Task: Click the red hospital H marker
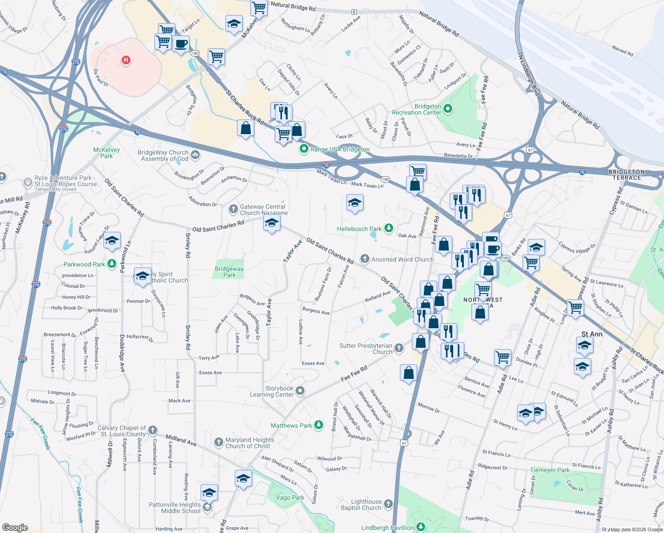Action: [126, 60]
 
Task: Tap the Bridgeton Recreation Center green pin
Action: [448, 108]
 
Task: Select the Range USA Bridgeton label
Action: [340, 149]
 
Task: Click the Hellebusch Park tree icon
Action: [389, 228]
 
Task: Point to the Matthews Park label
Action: [291, 426]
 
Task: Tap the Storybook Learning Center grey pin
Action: [300, 391]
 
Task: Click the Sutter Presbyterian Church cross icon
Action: [399, 348]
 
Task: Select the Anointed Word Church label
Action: [402, 259]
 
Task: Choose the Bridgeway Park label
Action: [229, 272]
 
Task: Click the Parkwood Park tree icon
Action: [112, 264]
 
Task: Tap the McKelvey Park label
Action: [107, 153]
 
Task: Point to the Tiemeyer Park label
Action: [549, 470]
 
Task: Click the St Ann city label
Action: [592, 334]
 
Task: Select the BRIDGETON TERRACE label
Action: [626, 175]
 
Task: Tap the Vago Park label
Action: [290, 497]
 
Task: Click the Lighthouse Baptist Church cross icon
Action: [388, 504]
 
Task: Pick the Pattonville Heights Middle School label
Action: [175, 508]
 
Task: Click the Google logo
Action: [15, 528]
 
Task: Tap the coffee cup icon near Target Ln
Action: [181, 44]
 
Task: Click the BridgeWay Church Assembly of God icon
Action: [195, 155]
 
